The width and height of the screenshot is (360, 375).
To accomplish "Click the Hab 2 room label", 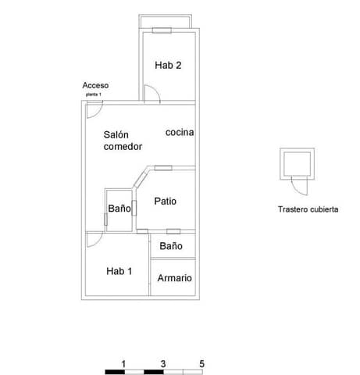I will (168, 66).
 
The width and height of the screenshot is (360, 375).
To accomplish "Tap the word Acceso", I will (95, 85).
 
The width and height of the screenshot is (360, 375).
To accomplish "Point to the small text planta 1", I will (94, 94).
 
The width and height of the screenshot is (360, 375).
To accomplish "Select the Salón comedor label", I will (123, 141).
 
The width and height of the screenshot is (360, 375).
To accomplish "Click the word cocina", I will (180, 132).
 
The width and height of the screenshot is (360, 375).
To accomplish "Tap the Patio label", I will (165, 201).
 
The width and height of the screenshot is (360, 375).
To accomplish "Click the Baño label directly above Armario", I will (171, 245).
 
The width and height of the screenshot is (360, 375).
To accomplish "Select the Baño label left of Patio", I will (119, 209).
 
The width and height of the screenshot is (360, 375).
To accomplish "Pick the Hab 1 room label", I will (119, 271).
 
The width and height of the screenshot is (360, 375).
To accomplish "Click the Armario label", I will (174, 278).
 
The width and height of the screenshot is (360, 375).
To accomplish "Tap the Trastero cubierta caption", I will (308, 209).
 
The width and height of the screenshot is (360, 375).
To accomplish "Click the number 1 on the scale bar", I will (124, 363).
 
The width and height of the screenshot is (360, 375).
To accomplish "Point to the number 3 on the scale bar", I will (162, 363).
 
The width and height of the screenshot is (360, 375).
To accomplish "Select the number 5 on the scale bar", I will (201, 363).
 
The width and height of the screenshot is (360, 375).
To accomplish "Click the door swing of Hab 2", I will (153, 95).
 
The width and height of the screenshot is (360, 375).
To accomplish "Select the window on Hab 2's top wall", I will (162, 31).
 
